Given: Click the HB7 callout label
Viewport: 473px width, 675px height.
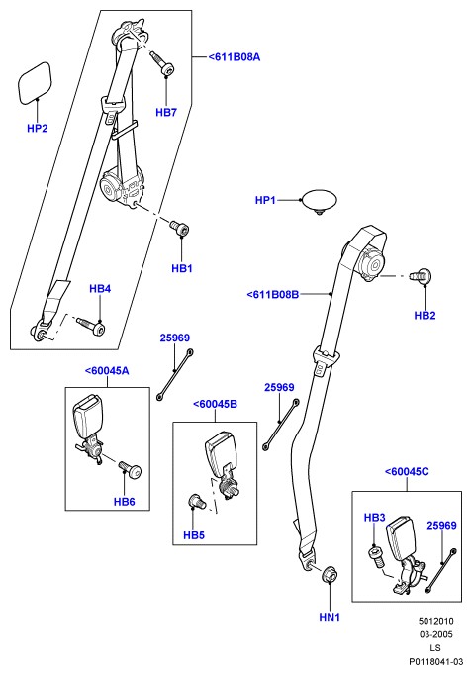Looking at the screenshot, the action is point(166,113).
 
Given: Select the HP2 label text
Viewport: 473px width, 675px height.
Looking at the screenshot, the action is point(38,128).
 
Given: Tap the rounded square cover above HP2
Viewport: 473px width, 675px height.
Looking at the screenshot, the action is point(35,83).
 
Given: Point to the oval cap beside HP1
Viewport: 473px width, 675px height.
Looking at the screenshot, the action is point(320,201).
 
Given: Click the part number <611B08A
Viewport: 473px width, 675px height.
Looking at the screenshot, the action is point(235,57).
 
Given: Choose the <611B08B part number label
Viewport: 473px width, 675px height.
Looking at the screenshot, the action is point(273,295).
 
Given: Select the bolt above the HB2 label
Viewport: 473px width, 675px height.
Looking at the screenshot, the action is point(421,275).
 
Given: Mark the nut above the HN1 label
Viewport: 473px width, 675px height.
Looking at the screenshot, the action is point(331,574).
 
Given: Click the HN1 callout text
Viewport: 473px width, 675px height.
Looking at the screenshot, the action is point(330,617).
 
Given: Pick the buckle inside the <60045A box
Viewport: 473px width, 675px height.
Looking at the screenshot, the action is point(89,429).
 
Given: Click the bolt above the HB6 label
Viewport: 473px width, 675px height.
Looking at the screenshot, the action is point(129,469).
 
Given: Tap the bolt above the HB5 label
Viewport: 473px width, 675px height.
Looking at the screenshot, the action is point(197,501).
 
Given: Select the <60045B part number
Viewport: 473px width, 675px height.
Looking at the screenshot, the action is point(215,404).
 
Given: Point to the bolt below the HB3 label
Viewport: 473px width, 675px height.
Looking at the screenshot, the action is point(375,557).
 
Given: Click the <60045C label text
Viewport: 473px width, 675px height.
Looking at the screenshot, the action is point(407,472).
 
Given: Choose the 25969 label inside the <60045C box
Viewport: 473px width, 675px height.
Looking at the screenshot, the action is point(441,526).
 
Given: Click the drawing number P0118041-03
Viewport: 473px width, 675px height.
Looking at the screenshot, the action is point(436,662).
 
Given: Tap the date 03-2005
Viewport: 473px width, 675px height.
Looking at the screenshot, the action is point(436,634).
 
